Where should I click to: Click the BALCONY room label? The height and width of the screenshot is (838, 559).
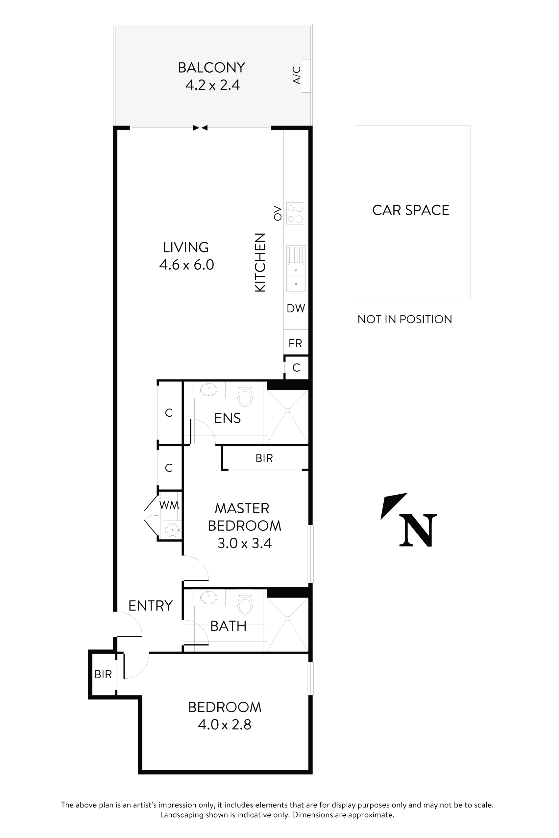211,68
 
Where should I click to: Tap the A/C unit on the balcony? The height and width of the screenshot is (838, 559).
306,76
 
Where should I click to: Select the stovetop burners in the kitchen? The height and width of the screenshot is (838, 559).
295,213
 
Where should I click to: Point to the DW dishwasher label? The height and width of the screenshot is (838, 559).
296,308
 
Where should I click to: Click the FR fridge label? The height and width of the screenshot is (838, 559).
295,343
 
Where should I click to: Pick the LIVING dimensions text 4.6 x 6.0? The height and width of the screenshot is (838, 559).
186,265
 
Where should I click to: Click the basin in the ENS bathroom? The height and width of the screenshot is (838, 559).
208,389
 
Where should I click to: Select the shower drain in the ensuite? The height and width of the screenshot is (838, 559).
288,410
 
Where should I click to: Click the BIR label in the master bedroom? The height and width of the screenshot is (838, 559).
264,458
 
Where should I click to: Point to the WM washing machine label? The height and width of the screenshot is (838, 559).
169,505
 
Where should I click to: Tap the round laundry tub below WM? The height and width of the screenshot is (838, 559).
173,530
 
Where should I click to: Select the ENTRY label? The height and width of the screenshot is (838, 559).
151,606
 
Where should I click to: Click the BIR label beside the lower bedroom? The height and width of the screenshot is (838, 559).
103,674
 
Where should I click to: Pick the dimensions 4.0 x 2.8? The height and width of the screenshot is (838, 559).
225,725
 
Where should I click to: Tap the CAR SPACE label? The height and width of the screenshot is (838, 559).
411,210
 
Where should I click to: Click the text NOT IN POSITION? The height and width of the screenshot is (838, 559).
405,319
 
